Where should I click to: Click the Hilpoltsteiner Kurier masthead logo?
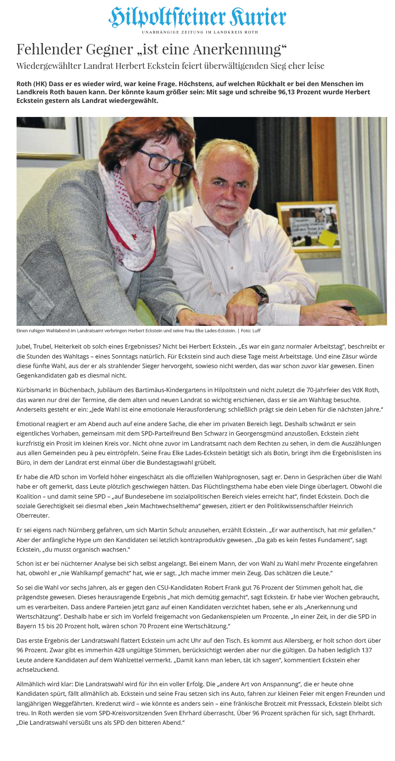[x=197, y=17]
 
